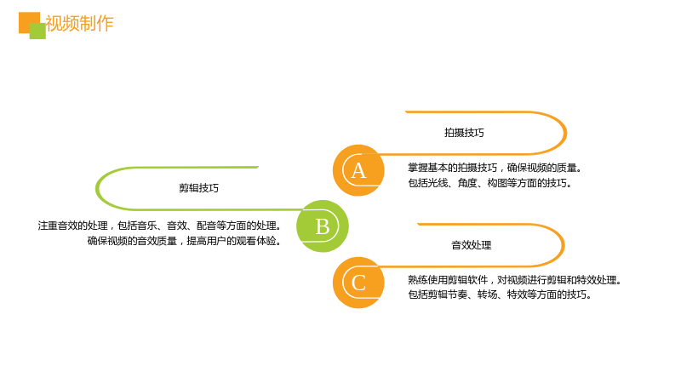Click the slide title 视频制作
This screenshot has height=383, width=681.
coord(79,24)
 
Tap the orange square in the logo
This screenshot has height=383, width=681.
coord(27,20)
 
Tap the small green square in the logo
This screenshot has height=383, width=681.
coord(37,31)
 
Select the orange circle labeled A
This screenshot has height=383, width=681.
coord(358,170)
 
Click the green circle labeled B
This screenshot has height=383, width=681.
coord(323,226)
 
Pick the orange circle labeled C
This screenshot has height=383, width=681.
coord(358,283)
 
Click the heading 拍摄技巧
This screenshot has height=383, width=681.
coord(464,133)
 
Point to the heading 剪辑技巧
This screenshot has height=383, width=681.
coord(199,188)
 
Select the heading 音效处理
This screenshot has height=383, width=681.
coord(472,245)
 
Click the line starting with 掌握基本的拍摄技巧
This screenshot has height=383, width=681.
coord(495,168)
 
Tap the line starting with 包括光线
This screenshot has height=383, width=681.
coord(490,183)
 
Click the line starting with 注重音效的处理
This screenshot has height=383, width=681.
coord(159,226)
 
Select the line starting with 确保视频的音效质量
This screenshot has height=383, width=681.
coord(185,241)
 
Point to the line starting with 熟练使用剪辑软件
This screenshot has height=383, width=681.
coord(515,280)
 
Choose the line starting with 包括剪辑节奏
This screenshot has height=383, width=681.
coord(500,294)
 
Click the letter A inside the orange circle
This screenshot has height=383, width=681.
coord(358,171)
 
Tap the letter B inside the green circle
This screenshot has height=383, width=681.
coord(323,226)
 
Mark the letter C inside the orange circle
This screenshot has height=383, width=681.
coord(358,283)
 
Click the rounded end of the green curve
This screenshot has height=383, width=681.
coord(97,188)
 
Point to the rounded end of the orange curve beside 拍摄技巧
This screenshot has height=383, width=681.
coord(565,133)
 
